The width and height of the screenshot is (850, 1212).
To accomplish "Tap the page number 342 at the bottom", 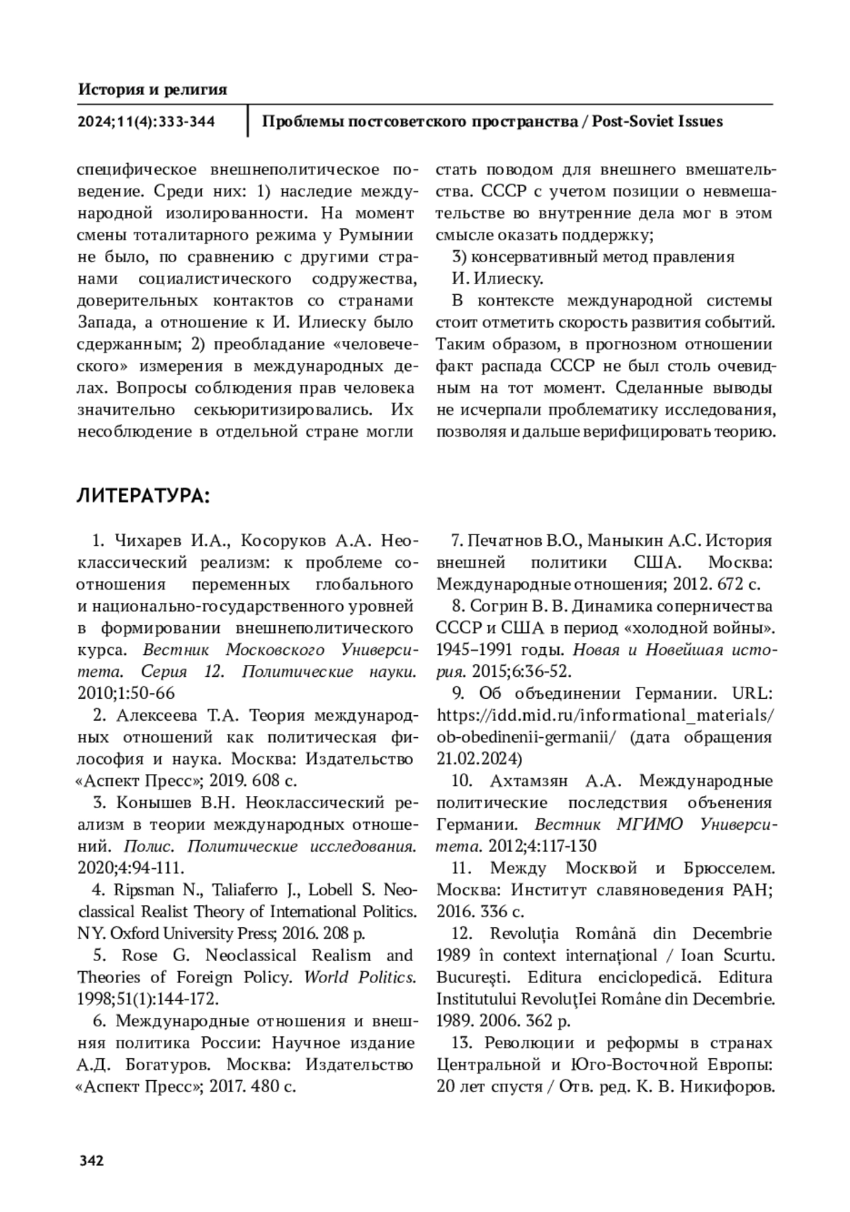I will click(91, 1161).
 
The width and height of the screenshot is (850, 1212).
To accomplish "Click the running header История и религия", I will click(152, 89).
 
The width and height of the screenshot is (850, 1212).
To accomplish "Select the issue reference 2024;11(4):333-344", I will click(146, 122).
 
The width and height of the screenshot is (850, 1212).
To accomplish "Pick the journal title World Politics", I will click(360, 977).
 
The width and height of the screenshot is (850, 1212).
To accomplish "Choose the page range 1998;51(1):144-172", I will click(147, 999).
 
